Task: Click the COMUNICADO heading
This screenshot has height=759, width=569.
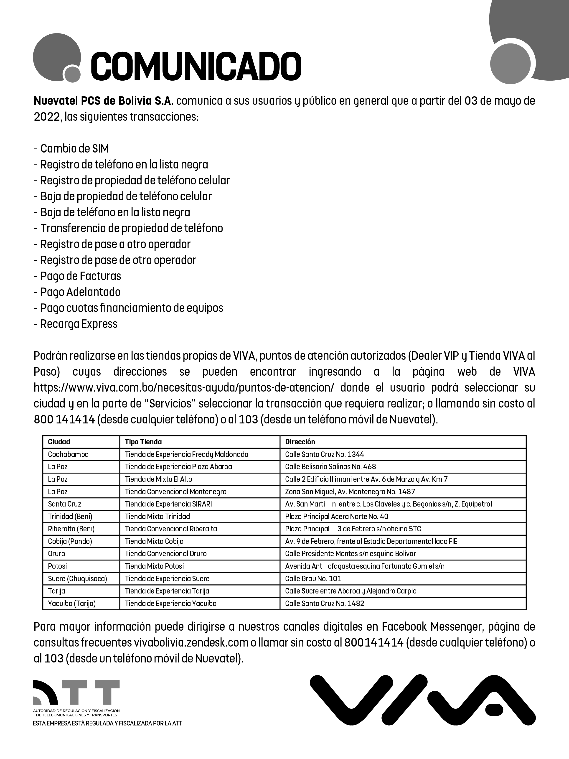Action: coord(196,66)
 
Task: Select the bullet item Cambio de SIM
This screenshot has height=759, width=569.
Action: coord(74,149)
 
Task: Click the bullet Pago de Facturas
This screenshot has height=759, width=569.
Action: coord(81,276)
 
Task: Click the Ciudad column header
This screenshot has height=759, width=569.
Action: coord(59,442)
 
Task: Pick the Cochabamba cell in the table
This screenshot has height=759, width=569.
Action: coord(68,454)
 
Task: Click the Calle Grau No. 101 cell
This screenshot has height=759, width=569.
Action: coord(313,578)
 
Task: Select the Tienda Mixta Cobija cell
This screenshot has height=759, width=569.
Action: coord(154,541)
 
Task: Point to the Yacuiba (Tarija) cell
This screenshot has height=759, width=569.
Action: coord(72,603)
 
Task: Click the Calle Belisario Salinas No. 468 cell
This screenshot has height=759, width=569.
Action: coord(330,467)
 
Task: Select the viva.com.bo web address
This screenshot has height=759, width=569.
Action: coord(183,388)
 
